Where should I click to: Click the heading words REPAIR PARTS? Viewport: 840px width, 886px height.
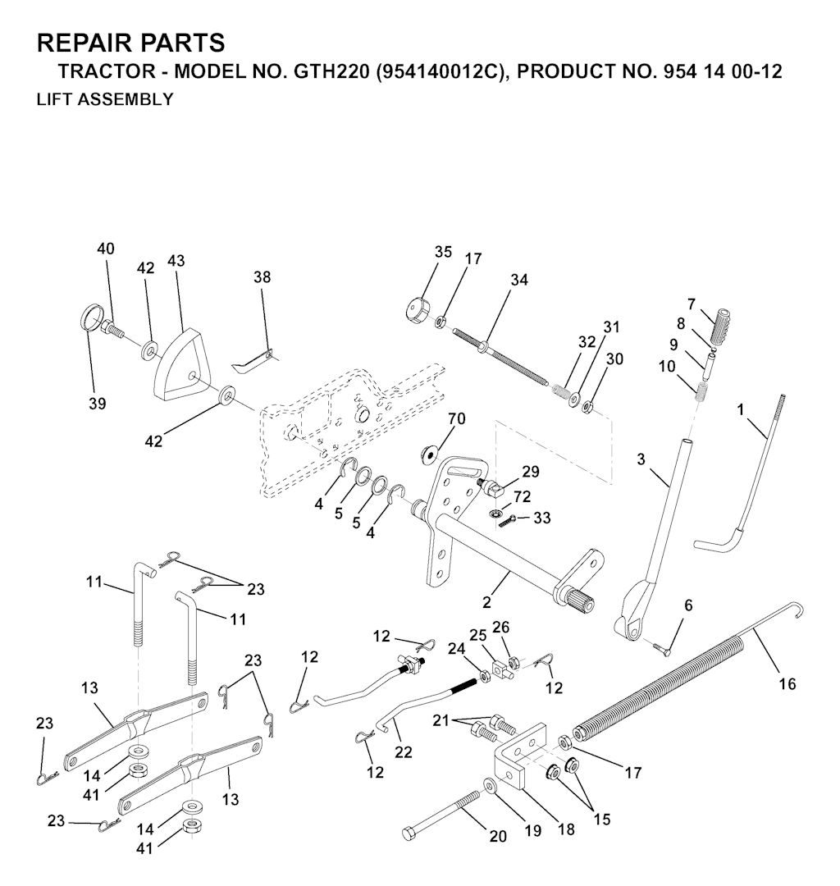click(131, 43)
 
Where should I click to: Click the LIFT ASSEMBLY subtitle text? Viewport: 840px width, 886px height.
click(105, 99)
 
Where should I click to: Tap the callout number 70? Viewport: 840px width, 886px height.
click(456, 419)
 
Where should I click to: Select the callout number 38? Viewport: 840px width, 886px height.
click(262, 277)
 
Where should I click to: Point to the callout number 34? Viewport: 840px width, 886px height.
click(518, 280)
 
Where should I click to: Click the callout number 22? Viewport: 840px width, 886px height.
click(403, 752)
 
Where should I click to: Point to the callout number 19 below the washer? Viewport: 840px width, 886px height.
click(533, 831)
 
